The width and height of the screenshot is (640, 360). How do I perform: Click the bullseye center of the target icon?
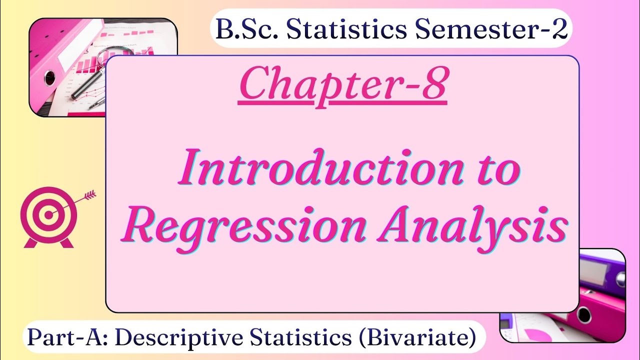(48, 215)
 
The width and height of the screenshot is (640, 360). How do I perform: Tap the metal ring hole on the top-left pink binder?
(50, 77)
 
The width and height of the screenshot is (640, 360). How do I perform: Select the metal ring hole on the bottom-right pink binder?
(583, 315)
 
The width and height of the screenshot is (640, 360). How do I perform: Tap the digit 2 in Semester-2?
(559, 30)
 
